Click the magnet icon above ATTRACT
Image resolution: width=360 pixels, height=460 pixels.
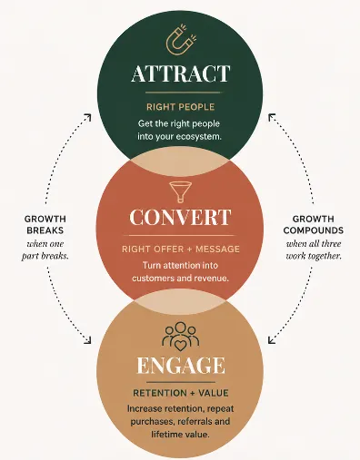(181, 40)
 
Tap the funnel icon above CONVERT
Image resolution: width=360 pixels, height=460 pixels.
(180, 192)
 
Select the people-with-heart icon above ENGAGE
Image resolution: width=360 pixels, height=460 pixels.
(180, 337)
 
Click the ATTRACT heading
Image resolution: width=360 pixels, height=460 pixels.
(181, 73)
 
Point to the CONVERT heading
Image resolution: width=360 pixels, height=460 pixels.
(180, 217)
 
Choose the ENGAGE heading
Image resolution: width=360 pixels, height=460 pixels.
(181, 366)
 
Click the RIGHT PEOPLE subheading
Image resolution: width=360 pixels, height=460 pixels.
(181, 107)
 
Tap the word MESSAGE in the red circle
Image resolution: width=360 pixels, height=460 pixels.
(217, 249)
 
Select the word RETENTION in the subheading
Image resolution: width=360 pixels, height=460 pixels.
(160, 393)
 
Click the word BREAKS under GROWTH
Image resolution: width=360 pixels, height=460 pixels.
(45, 230)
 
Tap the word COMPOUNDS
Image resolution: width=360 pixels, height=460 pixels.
(314, 230)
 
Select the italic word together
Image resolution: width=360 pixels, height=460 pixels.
(326, 256)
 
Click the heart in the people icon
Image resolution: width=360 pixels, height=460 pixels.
(181, 346)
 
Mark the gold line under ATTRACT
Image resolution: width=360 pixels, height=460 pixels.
(183, 93)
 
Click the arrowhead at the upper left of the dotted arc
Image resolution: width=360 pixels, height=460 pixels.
(87, 117)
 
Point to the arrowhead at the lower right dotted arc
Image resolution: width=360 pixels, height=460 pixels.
(272, 340)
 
